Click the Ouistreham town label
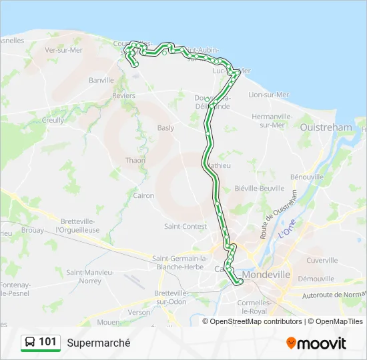click(x=326, y=127)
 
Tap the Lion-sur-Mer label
click(x=268, y=95)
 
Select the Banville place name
click(x=101, y=80)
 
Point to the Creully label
click(x=53, y=121)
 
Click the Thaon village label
click(x=135, y=160)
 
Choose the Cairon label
click(x=143, y=196)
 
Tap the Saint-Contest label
click(x=186, y=227)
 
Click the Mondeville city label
click(x=266, y=274)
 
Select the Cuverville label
click(x=322, y=261)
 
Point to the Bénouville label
click(x=307, y=177)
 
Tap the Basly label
click(x=165, y=128)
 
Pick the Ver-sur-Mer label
click(x=61, y=50)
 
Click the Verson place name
click(x=139, y=312)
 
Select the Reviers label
click(x=124, y=96)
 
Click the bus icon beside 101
click(x=30, y=343)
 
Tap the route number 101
click(x=47, y=342)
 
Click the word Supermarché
click(x=98, y=343)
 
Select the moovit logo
click(x=316, y=343)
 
